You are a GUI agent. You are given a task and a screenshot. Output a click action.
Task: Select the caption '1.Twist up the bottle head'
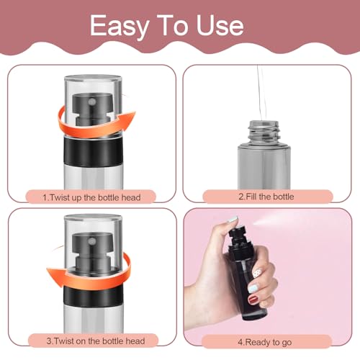tap(91, 196)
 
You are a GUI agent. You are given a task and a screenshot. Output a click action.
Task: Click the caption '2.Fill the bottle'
tap(267, 196)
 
